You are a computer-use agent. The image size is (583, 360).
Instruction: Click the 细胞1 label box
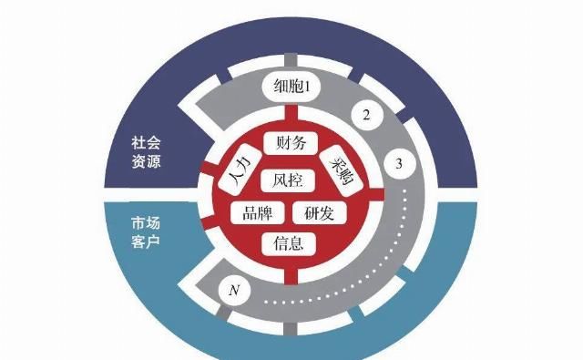293,87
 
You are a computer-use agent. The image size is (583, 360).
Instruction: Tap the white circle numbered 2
365,116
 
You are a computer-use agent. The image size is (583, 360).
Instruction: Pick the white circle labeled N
234,292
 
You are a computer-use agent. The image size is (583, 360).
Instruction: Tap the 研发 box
319,213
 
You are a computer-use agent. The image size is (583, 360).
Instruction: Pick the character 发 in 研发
330,213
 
